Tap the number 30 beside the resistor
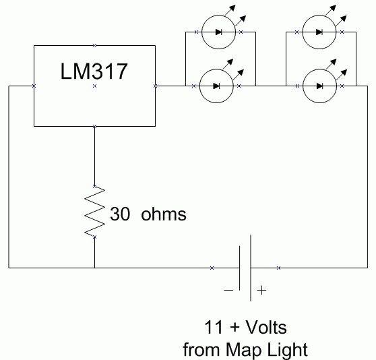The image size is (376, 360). [121, 215]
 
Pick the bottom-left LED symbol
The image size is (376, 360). [216, 86]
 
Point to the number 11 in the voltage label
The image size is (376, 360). [212, 328]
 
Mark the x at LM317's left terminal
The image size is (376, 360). [34, 86]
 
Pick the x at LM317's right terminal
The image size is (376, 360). [156, 86]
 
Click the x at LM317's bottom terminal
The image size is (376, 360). [95, 126]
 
